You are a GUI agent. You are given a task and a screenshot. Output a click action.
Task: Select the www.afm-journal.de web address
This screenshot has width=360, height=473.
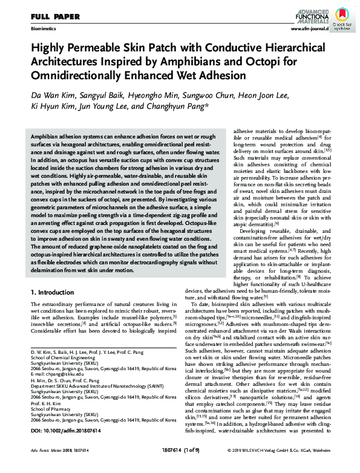(x=310, y=28)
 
